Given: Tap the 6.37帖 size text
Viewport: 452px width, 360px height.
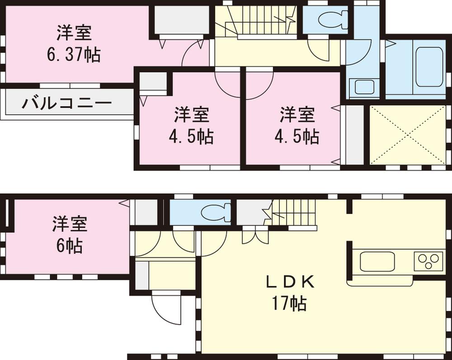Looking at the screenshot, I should (x=74, y=55).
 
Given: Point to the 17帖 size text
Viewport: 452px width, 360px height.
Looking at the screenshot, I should (x=289, y=303).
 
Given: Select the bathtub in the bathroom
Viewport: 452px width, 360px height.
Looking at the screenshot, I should (x=428, y=66).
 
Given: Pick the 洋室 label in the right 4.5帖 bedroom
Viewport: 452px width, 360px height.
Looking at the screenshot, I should (x=297, y=115).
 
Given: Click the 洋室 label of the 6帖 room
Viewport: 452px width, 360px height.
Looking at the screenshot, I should (x=70, y=224).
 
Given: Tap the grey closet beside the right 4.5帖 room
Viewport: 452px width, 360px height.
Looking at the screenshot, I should (x=352, y=135).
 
